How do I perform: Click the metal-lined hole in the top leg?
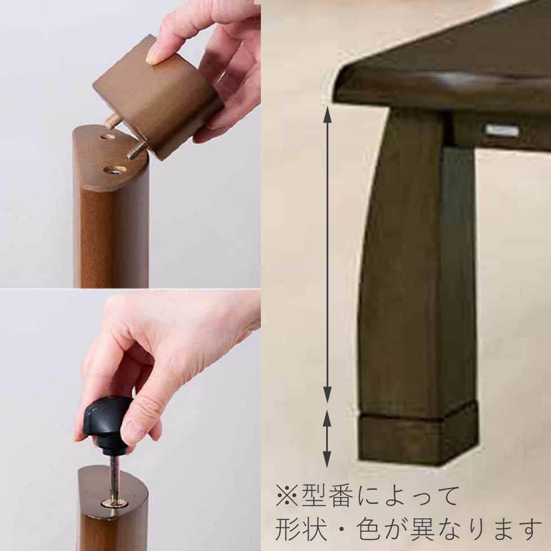(115, 170)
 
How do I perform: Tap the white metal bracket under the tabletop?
(502, 130)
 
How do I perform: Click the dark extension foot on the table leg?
(419, 439)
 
